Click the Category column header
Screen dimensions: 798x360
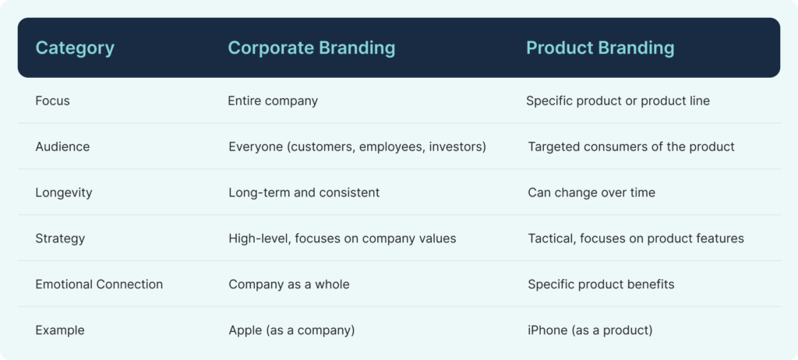click(x=75, y=48)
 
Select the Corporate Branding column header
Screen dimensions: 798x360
click(x=312, y=48)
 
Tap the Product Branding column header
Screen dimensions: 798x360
click(x=600, y=48)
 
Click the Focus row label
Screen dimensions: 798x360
click(x=52, y=101)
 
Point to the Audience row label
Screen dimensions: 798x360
click(x=62, y=146)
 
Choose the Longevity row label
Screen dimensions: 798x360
click(x=64, y=193)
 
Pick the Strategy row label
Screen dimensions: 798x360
click(x=60, y=238)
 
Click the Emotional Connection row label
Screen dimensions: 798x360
click(x=99, y=284)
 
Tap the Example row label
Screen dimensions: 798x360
click(x=60, y=330)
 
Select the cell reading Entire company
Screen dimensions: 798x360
click(x=273, y=101)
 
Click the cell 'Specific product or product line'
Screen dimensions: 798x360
click(x=618, y=101)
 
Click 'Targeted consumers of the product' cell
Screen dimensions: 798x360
click(x=631, y=147)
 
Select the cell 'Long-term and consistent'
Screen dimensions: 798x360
click(x=304, y=193)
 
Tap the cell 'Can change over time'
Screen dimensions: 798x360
click(x=591, y=193)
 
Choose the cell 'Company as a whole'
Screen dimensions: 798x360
click(x=289, y=284)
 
